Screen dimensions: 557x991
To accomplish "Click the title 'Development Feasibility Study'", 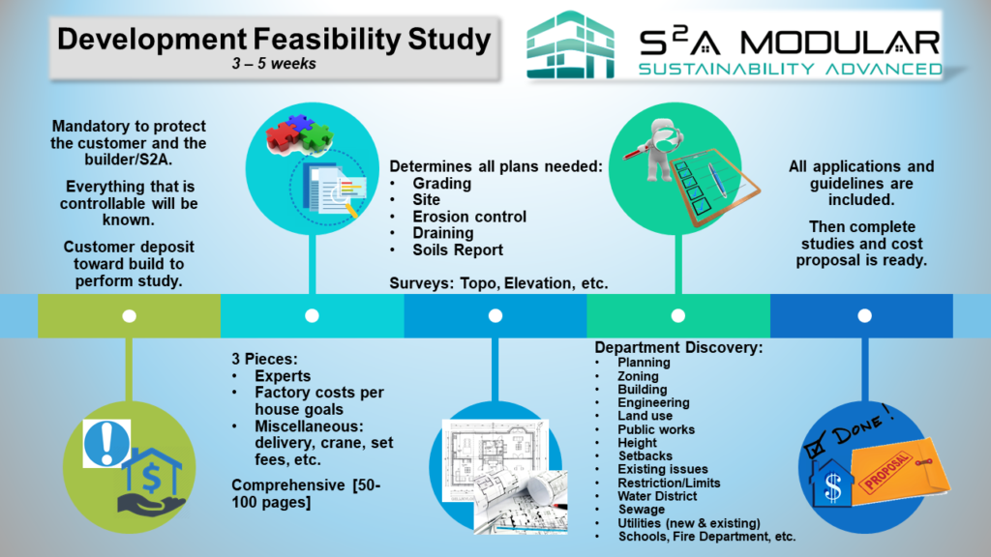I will point(274,40).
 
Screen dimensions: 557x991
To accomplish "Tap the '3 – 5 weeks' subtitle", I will point(274,65).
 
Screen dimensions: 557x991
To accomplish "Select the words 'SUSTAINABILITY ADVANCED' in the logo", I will point(790,68).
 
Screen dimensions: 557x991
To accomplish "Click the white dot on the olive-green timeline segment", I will point(129,315).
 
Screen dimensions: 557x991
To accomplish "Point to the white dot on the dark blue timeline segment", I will point(863,315).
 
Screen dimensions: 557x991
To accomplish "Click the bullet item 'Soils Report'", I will point(458,249).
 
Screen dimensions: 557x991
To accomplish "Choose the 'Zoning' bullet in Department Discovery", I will point(638,376).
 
